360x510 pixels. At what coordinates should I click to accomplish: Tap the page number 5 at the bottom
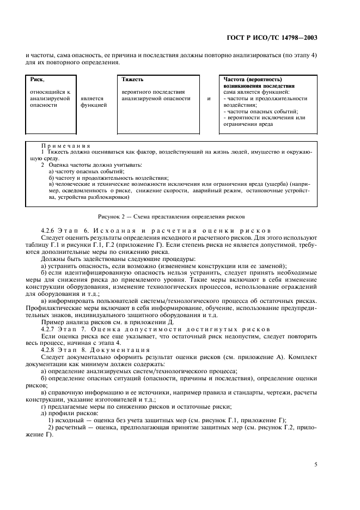[315, 464]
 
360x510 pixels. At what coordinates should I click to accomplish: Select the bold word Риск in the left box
[37, 80]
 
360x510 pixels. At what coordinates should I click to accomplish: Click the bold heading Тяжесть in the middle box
[132, 80]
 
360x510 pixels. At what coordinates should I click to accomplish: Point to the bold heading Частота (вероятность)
[253, 80]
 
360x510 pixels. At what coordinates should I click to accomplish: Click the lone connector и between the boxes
[208, 99]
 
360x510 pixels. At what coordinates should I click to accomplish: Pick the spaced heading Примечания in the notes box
[65, 145]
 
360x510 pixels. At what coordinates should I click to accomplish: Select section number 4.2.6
[50, 231]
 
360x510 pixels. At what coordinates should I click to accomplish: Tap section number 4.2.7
[50, 330]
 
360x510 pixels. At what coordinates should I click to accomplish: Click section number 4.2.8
[50, 349]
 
